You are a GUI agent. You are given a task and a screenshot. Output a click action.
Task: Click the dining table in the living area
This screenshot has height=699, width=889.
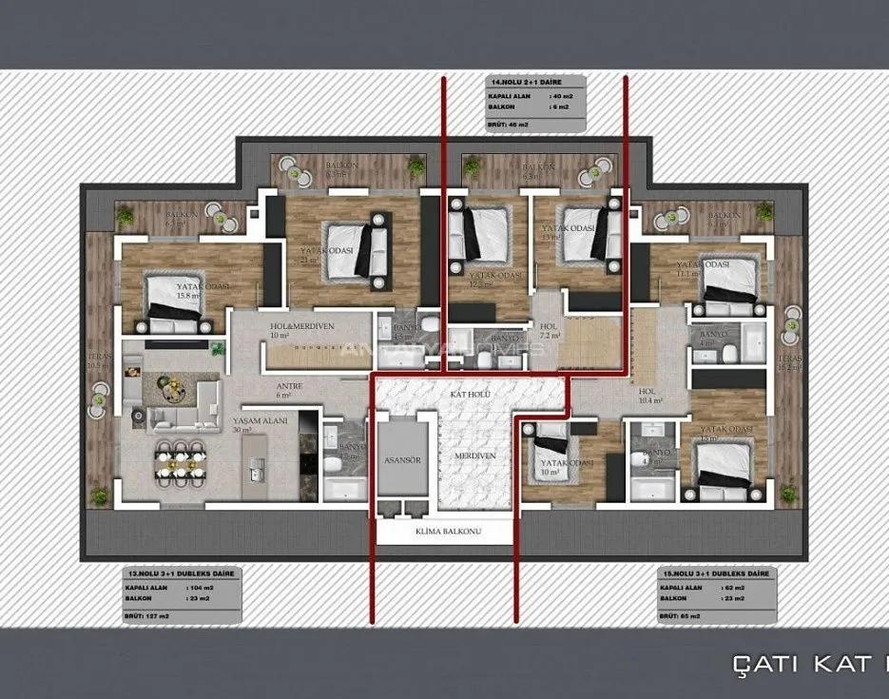point(181,464)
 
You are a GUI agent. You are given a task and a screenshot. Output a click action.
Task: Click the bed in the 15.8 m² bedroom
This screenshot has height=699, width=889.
point(174,303)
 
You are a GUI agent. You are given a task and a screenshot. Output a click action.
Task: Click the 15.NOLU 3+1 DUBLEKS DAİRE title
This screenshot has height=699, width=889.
point(718,575)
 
